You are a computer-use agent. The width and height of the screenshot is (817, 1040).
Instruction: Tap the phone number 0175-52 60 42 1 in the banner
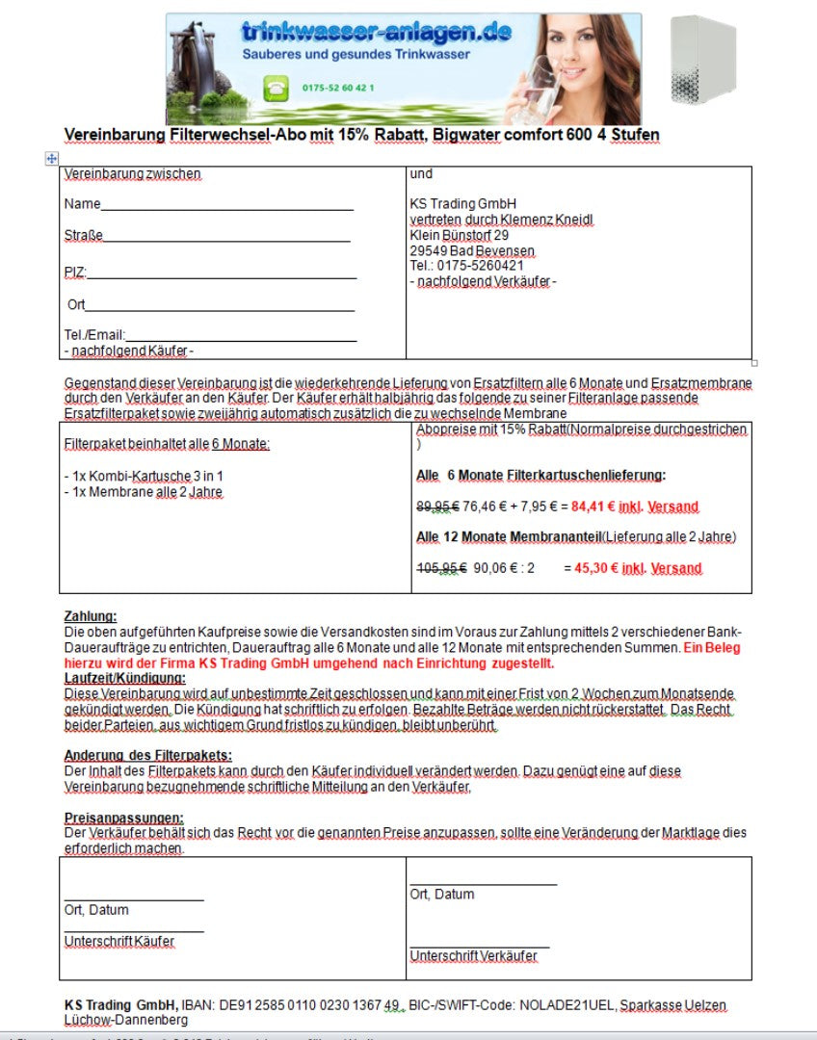[338, 89]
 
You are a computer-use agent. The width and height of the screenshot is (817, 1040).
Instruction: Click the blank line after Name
[227, 205]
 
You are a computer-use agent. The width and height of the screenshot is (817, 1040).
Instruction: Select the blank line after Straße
[227, 237]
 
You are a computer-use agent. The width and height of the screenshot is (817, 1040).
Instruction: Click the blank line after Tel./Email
[241, 335]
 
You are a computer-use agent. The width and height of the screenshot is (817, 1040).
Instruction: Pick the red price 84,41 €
[594, 507]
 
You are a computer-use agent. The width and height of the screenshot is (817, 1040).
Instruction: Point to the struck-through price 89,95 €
[436, 507]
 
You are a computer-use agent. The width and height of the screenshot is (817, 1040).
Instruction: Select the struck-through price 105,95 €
[440, 568]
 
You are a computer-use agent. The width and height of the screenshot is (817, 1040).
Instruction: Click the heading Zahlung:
[91, 616]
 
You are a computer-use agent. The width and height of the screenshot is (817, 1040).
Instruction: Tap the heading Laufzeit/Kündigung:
[124, 678]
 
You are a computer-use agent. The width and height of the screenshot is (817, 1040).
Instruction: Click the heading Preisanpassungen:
[123, 818]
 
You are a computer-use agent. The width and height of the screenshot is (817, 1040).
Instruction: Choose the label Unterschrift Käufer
[119, 941]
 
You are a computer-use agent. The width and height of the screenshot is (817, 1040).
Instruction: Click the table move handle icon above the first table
[52, 159]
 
